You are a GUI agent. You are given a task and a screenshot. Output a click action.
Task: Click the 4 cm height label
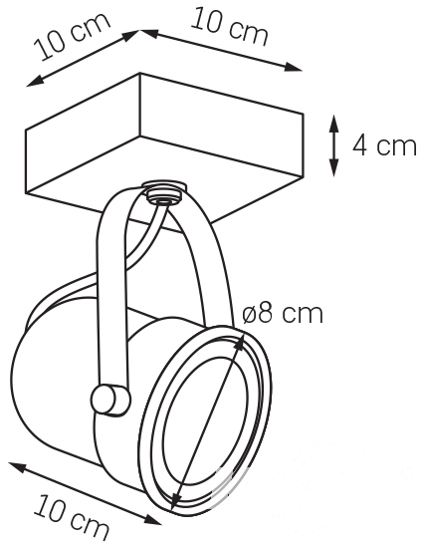click(384, 145)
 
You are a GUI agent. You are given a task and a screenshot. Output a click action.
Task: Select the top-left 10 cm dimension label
click(72, 36)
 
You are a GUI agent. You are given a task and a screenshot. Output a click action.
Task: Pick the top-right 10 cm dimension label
click(229, 27)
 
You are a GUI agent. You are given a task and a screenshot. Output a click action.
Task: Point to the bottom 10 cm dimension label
click(72, 517)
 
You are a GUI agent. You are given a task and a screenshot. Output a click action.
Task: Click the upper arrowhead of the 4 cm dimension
click(334, 123)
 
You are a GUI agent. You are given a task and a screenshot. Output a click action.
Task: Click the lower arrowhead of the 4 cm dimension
click(334, 167)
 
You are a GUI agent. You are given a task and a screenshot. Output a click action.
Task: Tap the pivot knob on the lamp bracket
click(110, 401)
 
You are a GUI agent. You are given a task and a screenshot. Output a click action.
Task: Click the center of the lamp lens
click(207, 420)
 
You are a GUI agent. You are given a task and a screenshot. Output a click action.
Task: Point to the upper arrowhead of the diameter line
click(240, 343)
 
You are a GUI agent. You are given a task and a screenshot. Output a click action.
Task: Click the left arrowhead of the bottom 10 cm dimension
click(17, 466)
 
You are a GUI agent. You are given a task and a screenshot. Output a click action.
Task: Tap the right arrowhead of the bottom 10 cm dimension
click(152, 520)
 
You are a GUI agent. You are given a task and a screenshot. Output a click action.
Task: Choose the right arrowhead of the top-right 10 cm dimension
click(293, 67)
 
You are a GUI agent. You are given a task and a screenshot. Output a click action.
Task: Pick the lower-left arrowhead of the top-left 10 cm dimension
click(36, 81)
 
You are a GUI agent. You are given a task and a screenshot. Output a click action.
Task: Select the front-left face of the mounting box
click(83, 146)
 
